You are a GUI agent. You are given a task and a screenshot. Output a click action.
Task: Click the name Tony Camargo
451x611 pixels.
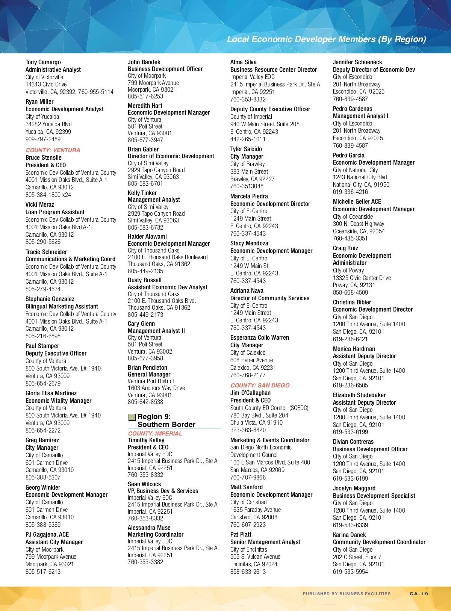43,62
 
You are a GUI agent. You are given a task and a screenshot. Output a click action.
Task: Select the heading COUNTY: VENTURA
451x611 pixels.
53,150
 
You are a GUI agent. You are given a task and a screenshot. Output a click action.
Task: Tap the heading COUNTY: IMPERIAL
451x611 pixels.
155,433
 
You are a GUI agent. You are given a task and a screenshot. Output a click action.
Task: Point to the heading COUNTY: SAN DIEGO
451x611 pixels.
260,385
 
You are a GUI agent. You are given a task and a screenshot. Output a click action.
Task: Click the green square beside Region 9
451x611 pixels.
132,417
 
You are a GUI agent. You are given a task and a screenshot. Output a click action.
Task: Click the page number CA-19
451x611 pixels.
419,594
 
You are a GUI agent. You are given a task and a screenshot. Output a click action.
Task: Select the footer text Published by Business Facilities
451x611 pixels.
347,594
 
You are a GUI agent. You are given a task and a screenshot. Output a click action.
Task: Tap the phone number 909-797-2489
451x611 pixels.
43,139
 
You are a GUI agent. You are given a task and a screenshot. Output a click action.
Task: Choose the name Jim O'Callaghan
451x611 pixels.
250,393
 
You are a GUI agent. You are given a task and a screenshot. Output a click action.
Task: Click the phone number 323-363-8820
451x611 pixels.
248,430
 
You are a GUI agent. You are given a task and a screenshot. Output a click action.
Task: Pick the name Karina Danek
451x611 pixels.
349,535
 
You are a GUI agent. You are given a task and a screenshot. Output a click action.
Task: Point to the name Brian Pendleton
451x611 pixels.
147,368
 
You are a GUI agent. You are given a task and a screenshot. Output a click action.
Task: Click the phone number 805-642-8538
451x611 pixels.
145,402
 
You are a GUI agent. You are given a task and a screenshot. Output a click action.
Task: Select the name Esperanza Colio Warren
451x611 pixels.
259,337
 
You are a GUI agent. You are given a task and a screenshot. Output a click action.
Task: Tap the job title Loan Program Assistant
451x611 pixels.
55,212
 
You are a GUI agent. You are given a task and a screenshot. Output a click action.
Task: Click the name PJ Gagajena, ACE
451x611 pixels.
47,534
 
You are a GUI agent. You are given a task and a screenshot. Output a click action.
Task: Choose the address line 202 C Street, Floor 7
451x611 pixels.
357,557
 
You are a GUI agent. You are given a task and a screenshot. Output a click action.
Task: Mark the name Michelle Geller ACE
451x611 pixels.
357,201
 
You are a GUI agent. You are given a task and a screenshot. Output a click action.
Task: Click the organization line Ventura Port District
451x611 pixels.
151,381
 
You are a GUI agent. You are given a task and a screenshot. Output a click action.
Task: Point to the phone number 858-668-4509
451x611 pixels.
350,292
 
